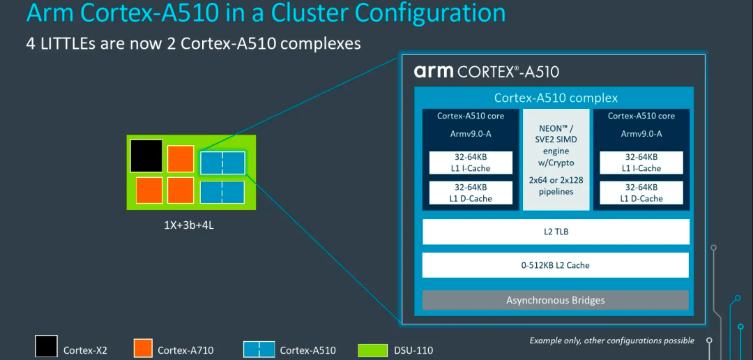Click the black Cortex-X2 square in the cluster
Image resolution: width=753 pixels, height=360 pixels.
(x=146, y=156)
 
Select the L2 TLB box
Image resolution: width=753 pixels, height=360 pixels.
(x=556, y=232)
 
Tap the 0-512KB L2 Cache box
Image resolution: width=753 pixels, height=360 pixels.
(x=556, y=265)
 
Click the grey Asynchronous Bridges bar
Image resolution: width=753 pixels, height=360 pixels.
(x=556, y=300)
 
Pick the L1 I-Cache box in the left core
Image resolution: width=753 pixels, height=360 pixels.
(x=461, y=163)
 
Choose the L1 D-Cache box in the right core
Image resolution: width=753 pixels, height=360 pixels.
(x=641, y=193)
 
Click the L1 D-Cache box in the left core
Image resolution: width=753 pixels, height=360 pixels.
(x=461, y=193)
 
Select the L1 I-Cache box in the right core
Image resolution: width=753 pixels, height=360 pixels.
(x=641, y=163)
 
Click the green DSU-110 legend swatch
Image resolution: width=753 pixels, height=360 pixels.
(x=368, y=348)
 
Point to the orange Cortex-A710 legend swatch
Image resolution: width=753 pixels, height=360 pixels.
(x=142, y=348)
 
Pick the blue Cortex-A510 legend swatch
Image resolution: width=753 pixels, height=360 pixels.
(x=259, y=348)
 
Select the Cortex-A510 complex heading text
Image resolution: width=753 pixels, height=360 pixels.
(x=556, y=98)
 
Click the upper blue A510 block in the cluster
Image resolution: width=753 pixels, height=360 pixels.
(x=222, y=163)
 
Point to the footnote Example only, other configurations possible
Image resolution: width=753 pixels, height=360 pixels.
(x=611, y=340)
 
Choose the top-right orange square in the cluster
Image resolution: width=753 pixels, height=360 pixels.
(x=180, y=158)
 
